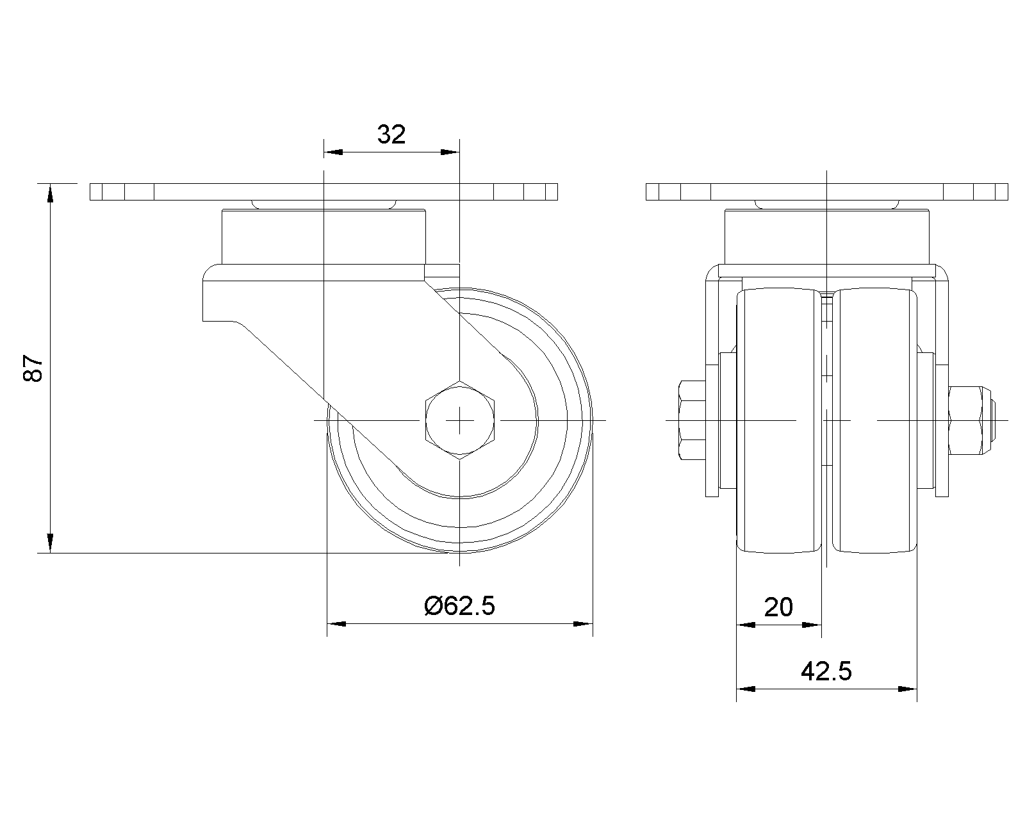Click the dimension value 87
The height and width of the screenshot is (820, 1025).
pos(33,368)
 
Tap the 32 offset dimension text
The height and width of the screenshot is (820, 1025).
pos(391,135)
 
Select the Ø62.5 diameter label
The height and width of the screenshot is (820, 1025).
pos(459,606)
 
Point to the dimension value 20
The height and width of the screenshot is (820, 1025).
pos(778,607)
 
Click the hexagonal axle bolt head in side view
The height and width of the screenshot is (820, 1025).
pos(459,420)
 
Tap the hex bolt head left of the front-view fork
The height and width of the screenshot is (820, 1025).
pos(693,420)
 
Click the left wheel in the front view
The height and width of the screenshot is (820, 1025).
pos(779,420)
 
